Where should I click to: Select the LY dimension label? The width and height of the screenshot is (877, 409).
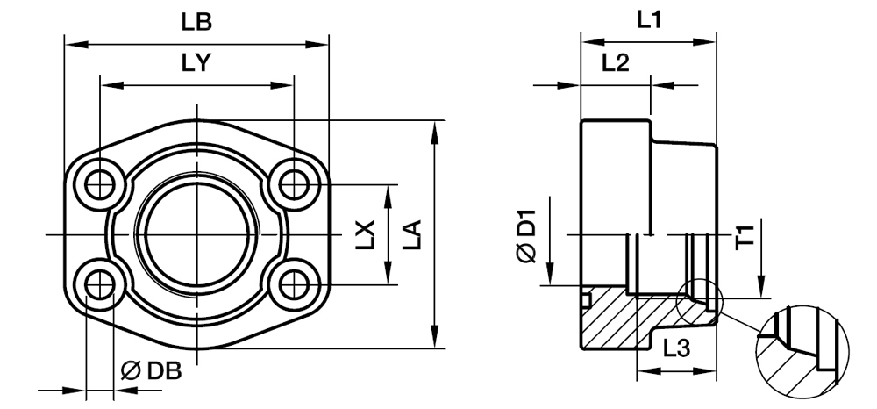196,64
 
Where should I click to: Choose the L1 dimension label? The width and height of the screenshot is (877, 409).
649,20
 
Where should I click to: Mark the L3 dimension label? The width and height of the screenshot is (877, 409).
676,349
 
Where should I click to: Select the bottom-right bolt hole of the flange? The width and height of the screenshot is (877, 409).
293,285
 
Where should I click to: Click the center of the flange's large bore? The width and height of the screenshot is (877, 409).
196,234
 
